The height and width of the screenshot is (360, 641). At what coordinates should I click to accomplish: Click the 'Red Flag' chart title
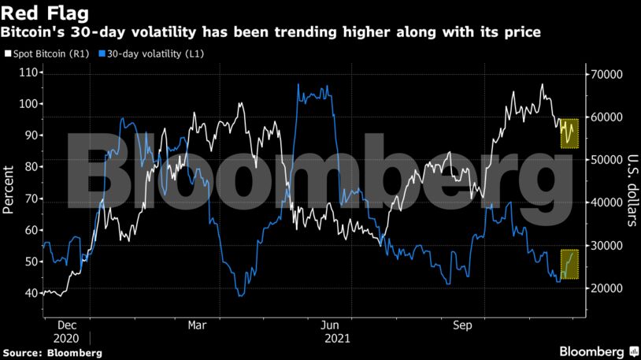[45, 13]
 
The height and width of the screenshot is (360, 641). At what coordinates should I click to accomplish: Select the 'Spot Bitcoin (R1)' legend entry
[46, 54]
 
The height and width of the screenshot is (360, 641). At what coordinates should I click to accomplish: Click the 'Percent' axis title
[9, 189]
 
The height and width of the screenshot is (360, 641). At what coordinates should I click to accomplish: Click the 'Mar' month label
[197, 324]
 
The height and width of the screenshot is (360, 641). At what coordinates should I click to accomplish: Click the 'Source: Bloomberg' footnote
[52, 352]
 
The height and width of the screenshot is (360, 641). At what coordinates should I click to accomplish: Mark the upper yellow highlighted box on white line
[569, 133]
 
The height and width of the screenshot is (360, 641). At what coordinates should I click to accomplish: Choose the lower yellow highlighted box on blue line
[569, 265]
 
